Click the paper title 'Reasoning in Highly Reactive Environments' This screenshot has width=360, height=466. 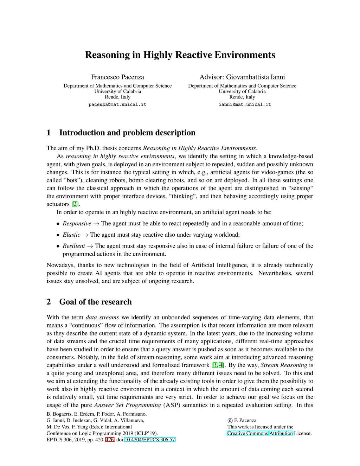[180, 55]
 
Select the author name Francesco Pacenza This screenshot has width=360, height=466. [117, 77]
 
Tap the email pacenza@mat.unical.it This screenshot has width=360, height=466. [117, 104]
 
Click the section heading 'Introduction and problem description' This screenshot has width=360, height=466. [127, 133]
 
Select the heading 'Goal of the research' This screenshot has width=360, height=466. [95, 302]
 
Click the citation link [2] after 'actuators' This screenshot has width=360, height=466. [75, 204]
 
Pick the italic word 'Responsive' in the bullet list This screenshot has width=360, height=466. [77, 223]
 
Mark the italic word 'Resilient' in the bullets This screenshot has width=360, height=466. [74, 246]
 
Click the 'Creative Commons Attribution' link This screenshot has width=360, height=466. [260, 433]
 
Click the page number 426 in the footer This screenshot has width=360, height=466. [109, 440]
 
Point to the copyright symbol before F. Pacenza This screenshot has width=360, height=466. [230, 420]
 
